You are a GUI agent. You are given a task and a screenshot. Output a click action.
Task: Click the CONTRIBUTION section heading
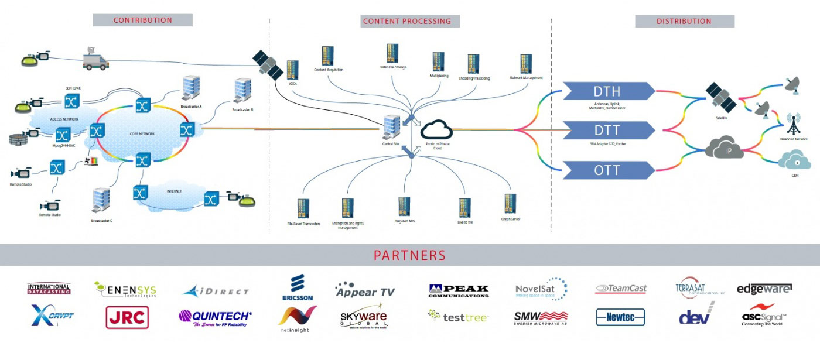(x=142, y=20)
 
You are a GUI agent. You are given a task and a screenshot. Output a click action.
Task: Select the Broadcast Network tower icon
(x=794, y=125)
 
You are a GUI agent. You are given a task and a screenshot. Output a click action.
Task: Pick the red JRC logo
(x=127, y=317)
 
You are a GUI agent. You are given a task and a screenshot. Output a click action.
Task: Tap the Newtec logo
(x=620, y=317)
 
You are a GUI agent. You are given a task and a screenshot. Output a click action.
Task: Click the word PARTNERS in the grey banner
(x=409, y=255)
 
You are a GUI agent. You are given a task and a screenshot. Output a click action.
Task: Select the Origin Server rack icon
(x=510, y=205)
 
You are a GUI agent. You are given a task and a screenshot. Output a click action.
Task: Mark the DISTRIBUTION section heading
(x=684, y=20)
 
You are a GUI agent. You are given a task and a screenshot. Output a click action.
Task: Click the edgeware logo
(x=764, y=289)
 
